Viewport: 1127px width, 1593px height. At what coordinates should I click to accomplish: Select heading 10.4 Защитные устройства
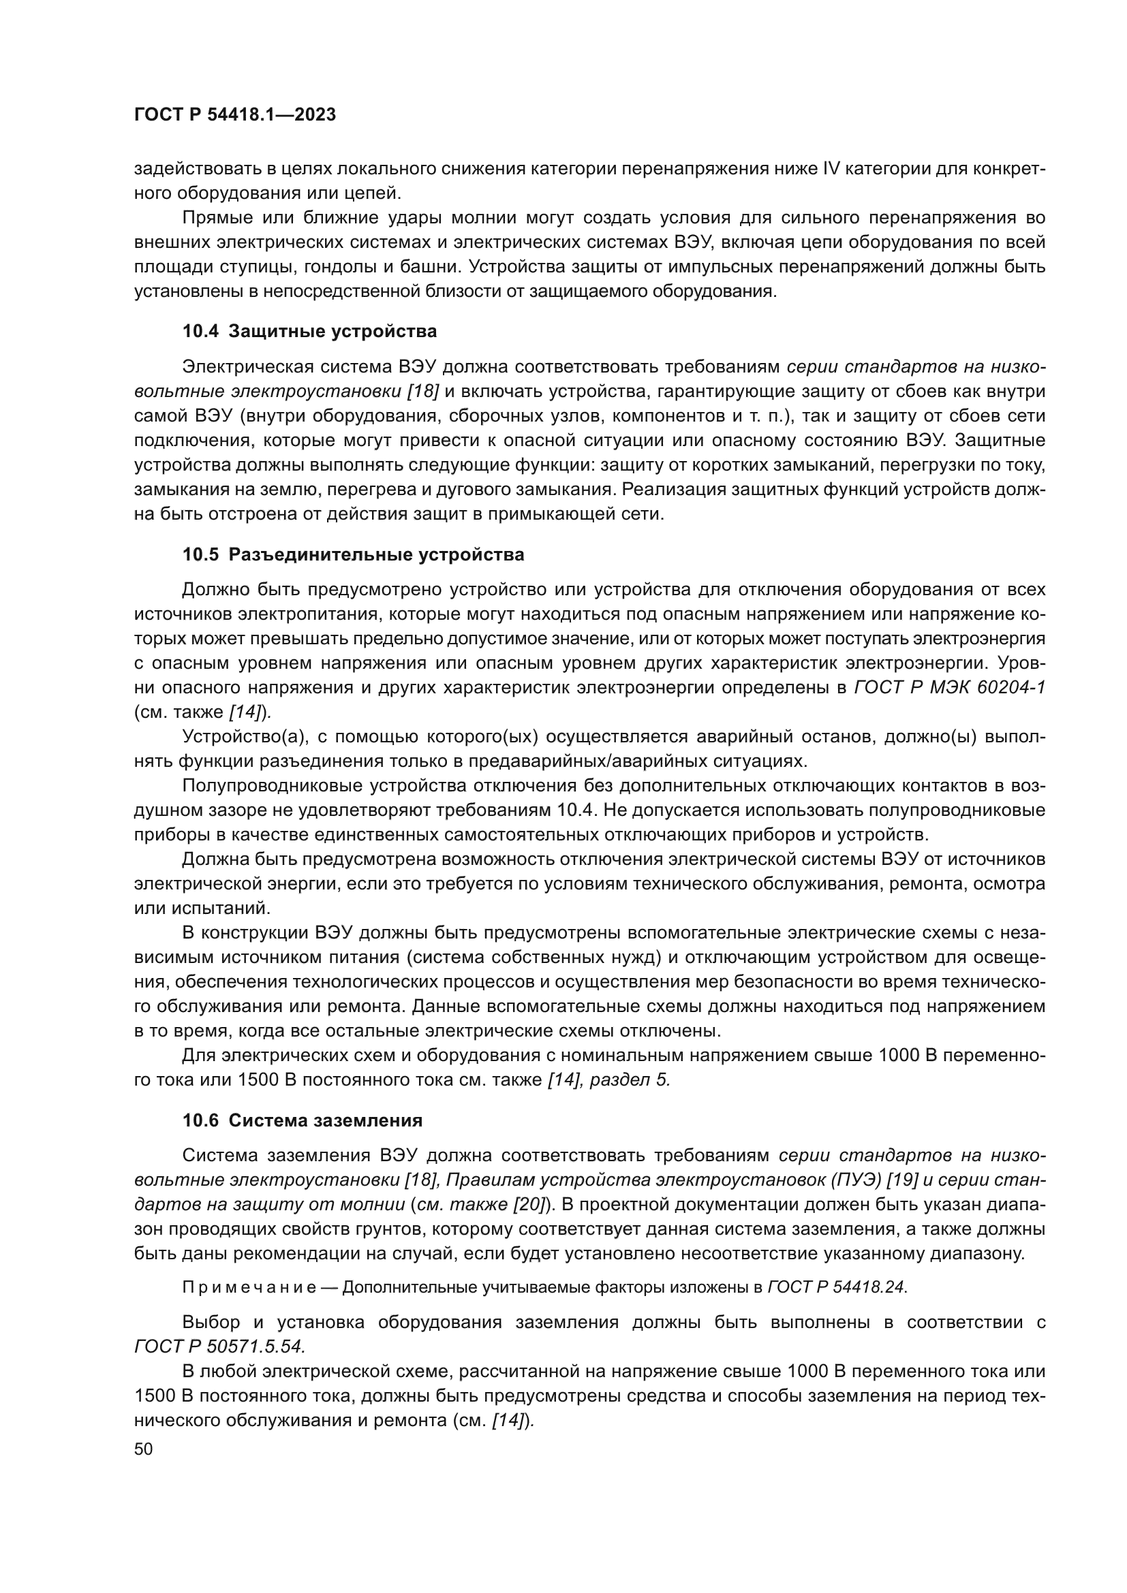309,332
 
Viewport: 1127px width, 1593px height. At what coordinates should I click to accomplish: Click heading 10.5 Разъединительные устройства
353,555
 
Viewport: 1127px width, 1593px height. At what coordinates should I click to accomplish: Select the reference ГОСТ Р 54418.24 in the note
836,1287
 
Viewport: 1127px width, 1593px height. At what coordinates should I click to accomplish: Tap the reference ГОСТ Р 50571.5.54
219,1346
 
